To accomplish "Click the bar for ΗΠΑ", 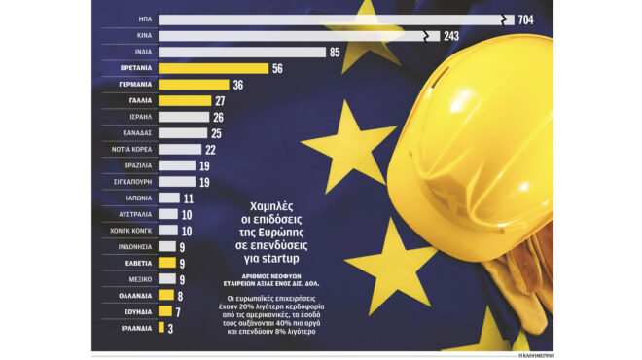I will point(331,18).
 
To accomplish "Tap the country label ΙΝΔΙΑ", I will point(137,52).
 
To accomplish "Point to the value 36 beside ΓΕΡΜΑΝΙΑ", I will point(238,85).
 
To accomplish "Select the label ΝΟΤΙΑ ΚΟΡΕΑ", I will point(127,149).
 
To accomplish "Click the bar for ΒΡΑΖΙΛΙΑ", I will point(175,165).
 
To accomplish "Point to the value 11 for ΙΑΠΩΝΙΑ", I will point(189,198).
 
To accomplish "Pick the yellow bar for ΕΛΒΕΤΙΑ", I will point(166,262).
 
